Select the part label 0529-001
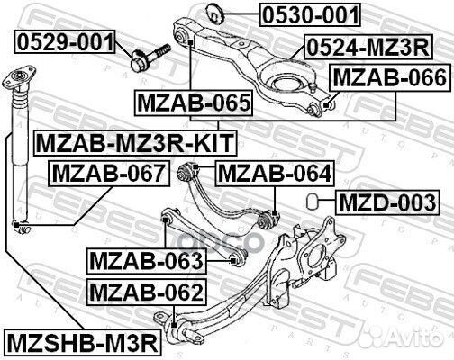point(65,40)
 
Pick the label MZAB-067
point(107,172)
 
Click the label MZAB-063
point(147,262)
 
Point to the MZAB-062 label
point(146,292)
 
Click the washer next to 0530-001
point(215,13)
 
